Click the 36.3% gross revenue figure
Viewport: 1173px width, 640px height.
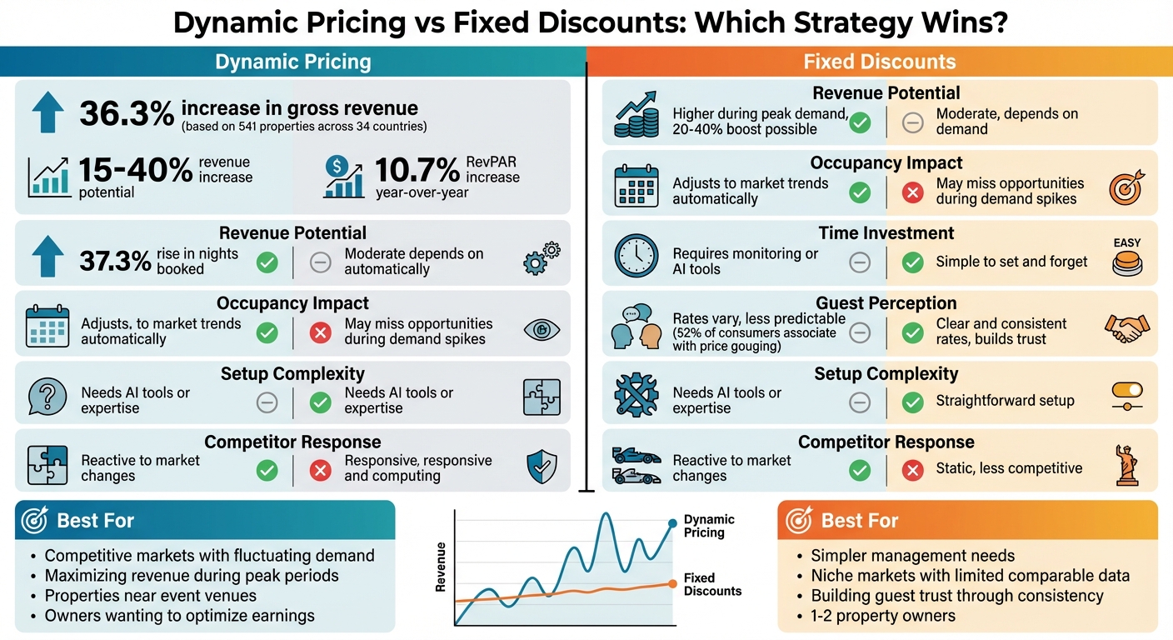point(127,113)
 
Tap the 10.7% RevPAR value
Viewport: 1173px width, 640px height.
point(417,170)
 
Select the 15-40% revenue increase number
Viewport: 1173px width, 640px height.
point(135,170)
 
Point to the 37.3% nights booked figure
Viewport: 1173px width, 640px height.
point(116,261)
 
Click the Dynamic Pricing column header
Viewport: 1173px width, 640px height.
point(292,62)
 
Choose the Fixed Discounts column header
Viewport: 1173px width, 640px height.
point(879,62)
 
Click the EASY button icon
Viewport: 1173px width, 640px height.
point(1126,258)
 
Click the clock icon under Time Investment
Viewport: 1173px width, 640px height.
point(636,256)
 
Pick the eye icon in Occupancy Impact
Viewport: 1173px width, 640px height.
point(542,330)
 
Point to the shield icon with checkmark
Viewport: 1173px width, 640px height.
point(542,467)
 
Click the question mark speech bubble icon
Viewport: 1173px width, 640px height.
point(47,397)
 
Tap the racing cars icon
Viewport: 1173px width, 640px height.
point(636,466)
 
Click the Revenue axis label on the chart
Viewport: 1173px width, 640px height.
point(441,567)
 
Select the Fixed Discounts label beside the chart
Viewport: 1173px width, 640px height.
point(711,584)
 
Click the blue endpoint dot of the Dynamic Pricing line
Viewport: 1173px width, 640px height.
point(672,523)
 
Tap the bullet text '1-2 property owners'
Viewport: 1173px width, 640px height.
point(883,616)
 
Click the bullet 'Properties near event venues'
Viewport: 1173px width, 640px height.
point(150,596)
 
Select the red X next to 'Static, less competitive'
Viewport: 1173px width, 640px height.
point(913,471)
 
